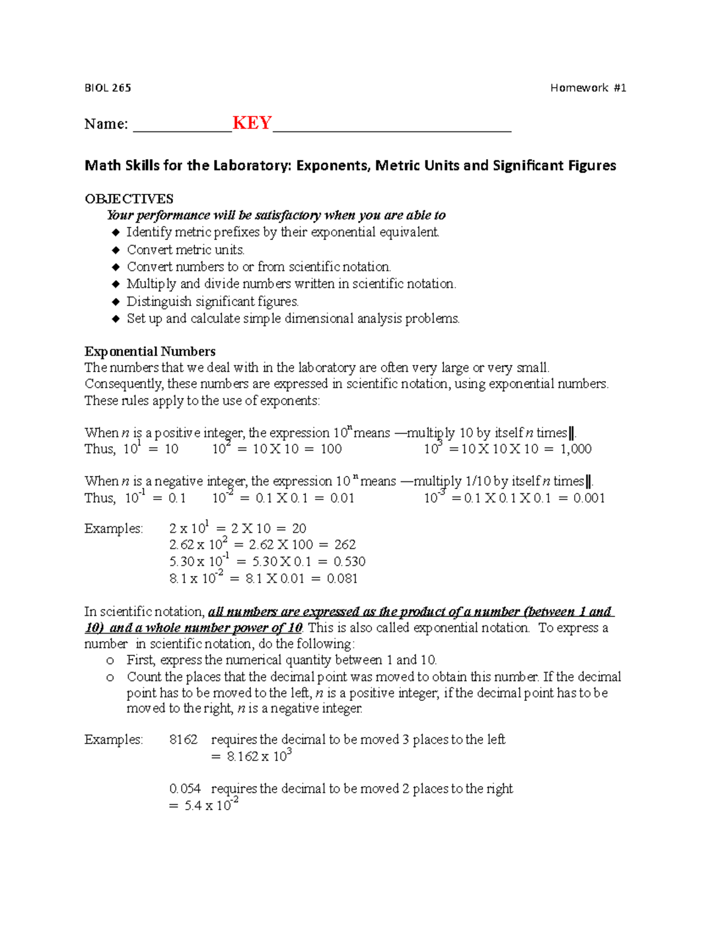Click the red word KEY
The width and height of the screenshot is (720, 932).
coord(252,123)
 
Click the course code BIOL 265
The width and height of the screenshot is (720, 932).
coord(107,88)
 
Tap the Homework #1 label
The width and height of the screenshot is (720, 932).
coord(588,88)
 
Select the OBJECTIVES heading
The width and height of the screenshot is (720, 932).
coord(129,199)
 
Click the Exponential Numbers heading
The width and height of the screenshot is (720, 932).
coord(150,351)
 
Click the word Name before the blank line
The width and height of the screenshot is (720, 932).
coord(106,124)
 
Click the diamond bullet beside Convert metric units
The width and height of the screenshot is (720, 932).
coord(116,250)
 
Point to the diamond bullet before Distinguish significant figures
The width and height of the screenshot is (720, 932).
coord(116,302)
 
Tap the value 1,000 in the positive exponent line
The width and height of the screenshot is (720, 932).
coord(575,449)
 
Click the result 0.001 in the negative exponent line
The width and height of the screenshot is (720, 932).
coord(589,498)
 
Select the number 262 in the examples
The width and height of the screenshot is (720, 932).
coord(345,545)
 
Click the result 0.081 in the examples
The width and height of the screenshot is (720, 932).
coord(342,579)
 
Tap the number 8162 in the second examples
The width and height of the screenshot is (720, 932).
coord(183,740)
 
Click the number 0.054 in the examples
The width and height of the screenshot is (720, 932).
coord(185,789)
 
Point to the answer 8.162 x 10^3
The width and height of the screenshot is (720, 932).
coord(259,756)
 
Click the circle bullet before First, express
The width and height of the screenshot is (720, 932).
coord(110,661)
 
